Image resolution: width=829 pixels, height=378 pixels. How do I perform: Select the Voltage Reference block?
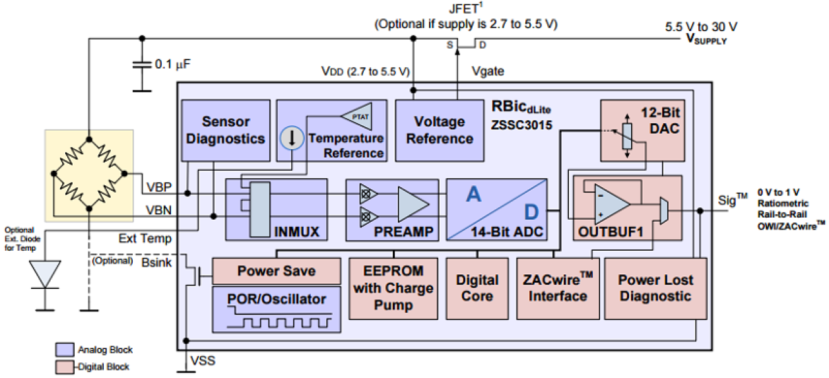(x=440, y=130)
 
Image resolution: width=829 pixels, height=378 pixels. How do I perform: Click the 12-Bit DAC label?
(x=660, y=121)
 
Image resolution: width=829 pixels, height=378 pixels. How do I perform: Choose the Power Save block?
(x=277, y=271)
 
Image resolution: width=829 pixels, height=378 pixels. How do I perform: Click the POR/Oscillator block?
(x=277, y=308)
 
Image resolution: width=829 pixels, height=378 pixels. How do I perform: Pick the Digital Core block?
(x=477, y=288)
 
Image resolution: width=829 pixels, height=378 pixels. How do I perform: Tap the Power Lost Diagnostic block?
(x=655, y=288)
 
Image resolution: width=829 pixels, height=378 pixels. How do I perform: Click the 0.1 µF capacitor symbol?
(x=140, y=66)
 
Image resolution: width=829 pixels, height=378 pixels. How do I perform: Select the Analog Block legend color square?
(x=66, y=350)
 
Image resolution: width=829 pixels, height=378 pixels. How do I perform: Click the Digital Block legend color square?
(x=66, y=366)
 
